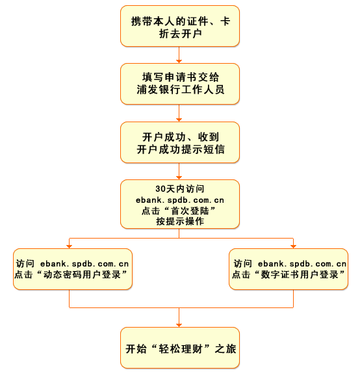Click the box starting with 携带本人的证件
[x=180, y=27]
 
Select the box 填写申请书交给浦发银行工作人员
[x=180, y=83]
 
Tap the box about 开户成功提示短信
[x=180, y=142]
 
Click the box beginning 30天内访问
[x=180, y=204]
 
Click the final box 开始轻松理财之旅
[x=180, y=347]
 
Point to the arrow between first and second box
[x=180, y=57]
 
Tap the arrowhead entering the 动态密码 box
[x=70, y=246]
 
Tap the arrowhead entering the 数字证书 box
[x=293, y=246]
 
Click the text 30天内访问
[x=180, y=188]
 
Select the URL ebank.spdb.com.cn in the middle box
[x=180, y=200]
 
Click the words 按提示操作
[x=180, y=222]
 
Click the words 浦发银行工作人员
[x=180, y=90]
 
